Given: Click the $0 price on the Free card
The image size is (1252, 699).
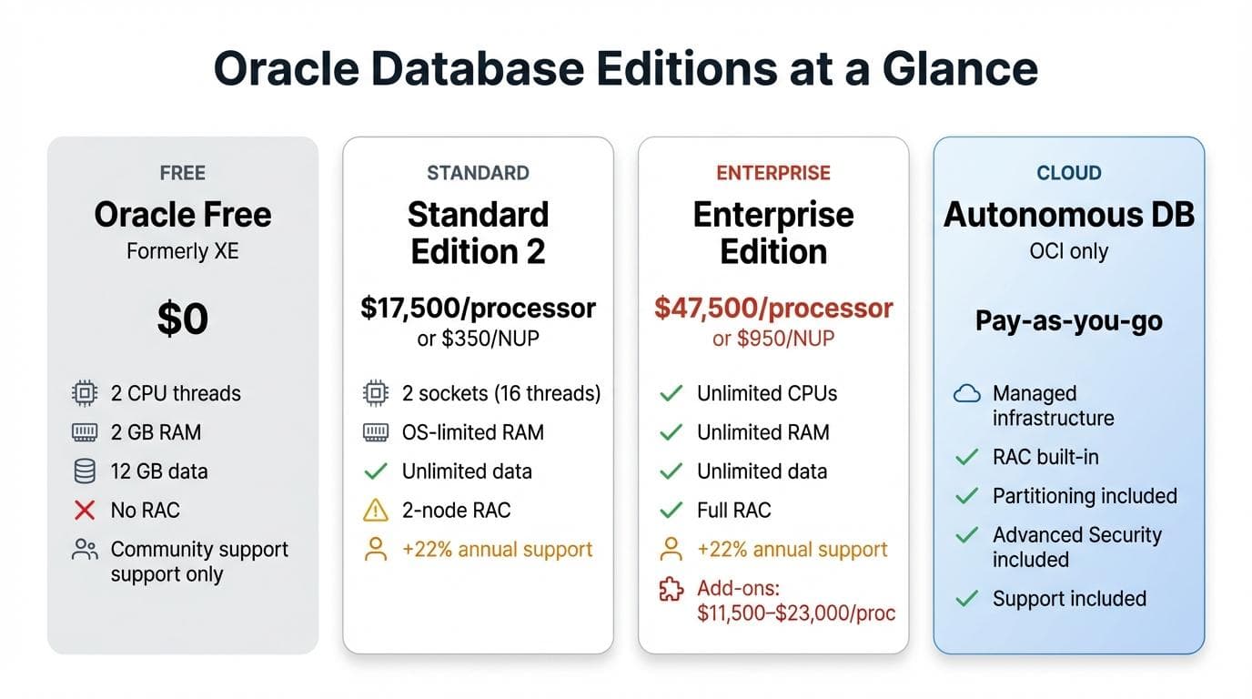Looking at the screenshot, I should [182, 319].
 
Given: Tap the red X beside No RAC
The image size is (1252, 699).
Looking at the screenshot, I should [85, 511].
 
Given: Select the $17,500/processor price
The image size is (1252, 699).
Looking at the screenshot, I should [478, 309].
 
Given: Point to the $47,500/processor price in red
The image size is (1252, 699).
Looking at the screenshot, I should [773, 309].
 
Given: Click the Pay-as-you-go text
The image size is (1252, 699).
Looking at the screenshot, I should [1068, 320].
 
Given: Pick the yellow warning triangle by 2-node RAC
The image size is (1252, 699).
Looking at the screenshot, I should [375, 511].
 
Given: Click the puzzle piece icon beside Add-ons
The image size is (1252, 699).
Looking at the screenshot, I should [671, 589].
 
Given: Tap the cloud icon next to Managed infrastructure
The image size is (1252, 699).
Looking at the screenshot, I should [966, 394].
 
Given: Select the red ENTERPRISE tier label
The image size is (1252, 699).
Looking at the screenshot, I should [773, 173].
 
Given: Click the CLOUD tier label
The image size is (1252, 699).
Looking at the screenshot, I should [1069, 173].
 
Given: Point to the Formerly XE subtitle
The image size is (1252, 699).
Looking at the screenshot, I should [182, 250].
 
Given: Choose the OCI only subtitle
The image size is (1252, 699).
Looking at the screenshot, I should [1069, 250].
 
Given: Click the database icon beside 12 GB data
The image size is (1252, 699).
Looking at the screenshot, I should [85, 471].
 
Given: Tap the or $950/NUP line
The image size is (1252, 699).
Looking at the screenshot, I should [773, 339].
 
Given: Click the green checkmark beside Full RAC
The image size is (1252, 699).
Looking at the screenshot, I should [671, 511].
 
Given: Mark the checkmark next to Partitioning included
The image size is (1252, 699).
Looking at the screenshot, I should [966, 496].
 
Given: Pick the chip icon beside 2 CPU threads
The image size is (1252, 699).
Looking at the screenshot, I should [85, 393].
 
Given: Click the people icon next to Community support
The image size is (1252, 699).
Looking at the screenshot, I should [85, 550].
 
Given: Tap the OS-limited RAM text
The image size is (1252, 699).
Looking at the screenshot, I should [472, 432].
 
